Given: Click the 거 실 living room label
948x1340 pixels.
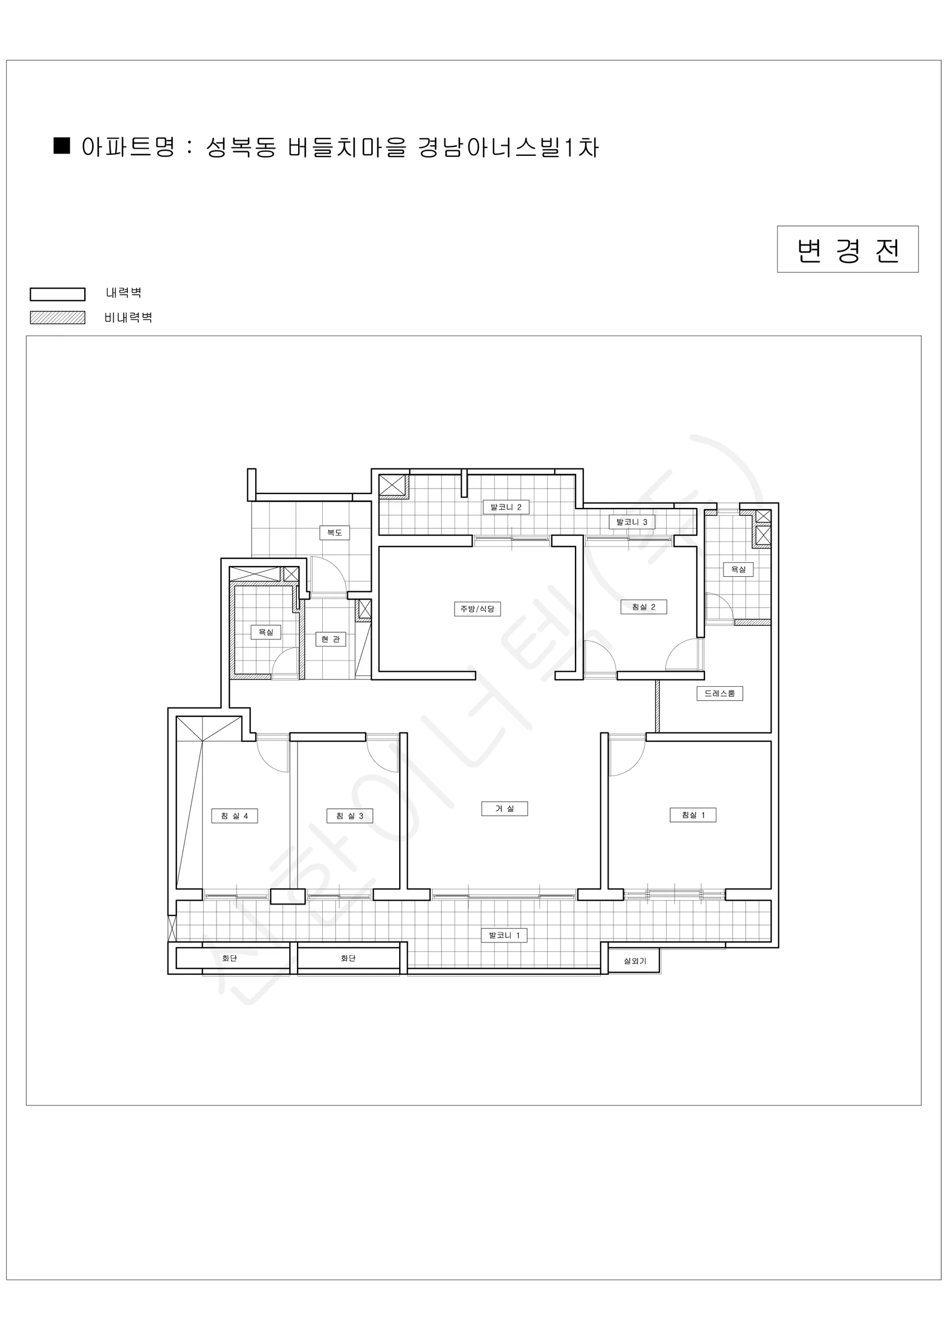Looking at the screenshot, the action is tap(504, 808).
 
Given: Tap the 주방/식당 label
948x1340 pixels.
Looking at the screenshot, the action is tap(477, 609).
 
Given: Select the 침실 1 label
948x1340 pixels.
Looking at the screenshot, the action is tap(693, 815).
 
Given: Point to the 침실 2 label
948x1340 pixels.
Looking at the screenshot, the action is tap(643, 606).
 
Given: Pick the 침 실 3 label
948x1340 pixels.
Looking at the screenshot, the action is tap(349, 815).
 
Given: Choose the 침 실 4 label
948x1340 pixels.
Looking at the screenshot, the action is tap(234, 815).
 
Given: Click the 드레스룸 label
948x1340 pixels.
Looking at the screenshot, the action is tap(720, 693).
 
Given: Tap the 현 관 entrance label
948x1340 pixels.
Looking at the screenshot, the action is tap(331, 639).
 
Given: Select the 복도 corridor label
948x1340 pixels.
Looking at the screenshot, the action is tap(334, 532).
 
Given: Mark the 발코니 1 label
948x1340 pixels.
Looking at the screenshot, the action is tap(504, 935).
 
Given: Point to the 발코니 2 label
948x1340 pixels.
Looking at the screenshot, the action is tap(506, 506).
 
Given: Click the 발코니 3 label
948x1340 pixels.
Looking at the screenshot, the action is tap(632, 521).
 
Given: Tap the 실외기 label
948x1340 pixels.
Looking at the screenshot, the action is tap(635, 961).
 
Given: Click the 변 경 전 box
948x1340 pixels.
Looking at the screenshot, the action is tap(848, 249).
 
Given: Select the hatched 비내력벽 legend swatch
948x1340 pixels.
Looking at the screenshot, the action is tap(58, 318).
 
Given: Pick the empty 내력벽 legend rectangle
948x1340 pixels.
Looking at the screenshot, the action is tap(58, 294).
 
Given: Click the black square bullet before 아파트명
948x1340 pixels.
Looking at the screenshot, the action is tap(62, 146).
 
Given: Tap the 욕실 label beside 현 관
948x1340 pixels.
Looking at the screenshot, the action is tap(266, 631).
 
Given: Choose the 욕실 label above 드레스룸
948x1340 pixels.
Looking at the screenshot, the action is tap(739, 569).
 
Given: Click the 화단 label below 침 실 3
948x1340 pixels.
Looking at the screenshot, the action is tap(348, 958).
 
